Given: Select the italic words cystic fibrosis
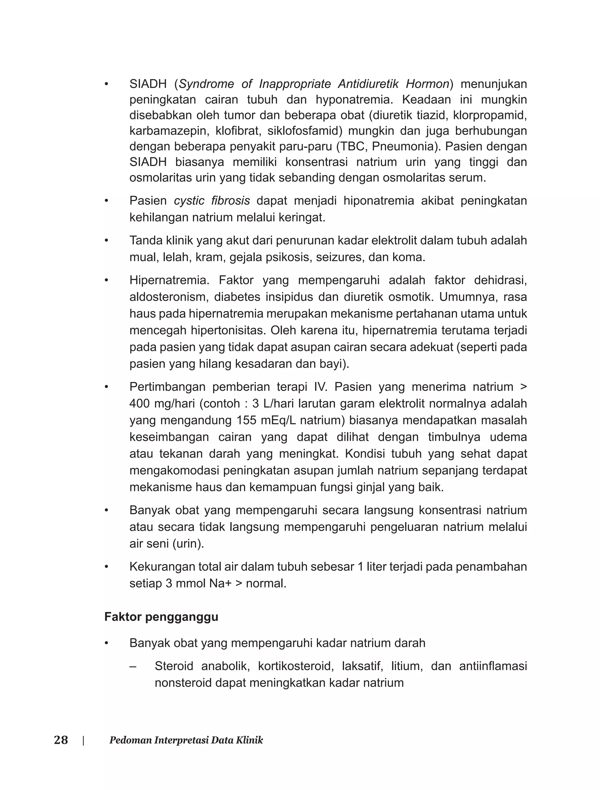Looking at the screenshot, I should (x=212, y=201).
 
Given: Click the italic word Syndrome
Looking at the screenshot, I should (x=207, y=84).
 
